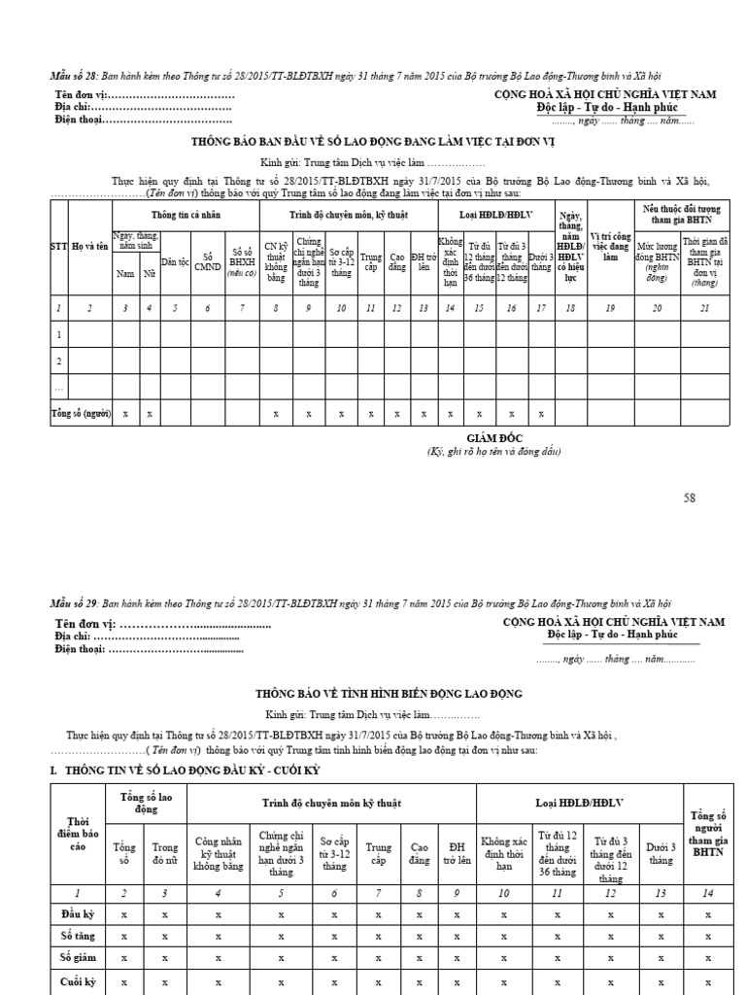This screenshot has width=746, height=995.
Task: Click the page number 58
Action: coord(690,498)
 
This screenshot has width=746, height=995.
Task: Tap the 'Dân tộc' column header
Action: coord(175,261)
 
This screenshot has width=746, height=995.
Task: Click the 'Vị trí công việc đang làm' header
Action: coord(609,246)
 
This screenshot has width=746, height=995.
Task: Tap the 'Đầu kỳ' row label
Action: coord(77,914)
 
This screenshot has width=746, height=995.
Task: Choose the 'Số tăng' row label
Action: coord(77,937)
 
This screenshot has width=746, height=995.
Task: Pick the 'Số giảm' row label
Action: coord(77,960)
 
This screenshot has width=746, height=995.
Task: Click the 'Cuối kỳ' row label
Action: coord(77,982)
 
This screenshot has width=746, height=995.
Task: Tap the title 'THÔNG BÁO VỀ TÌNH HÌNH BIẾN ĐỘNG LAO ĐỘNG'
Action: coord(389,693)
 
